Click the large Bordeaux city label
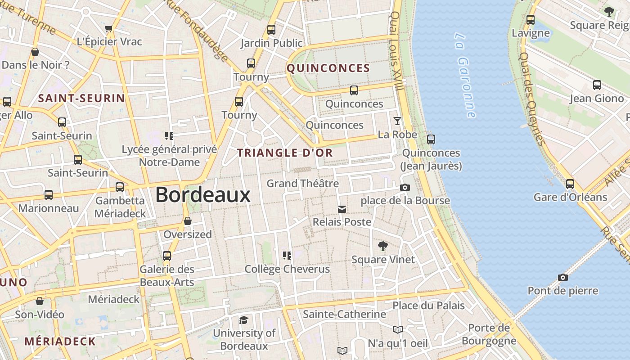tap(202, 195)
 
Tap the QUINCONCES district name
tap(328, 68)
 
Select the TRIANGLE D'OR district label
tap(285, 153)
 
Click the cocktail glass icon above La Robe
tap(397, 121)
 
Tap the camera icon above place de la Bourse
tap(405, 187)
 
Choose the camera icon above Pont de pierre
tap(562, 277)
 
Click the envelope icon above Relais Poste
tap(342, 209)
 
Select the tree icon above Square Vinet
tap(383, 246)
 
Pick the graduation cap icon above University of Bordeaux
tap(243, 320)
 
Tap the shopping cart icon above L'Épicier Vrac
tap(108, 29)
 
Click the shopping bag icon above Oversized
tap(188, 221)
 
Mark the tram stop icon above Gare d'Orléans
tap(570, 184)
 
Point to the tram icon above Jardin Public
tap(271, 30)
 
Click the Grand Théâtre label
tap(302, 183)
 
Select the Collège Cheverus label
tap(287, 269)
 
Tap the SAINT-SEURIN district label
tap(81, 98)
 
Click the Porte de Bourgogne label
tap(492, 334)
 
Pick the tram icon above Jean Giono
tap(597, 85)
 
